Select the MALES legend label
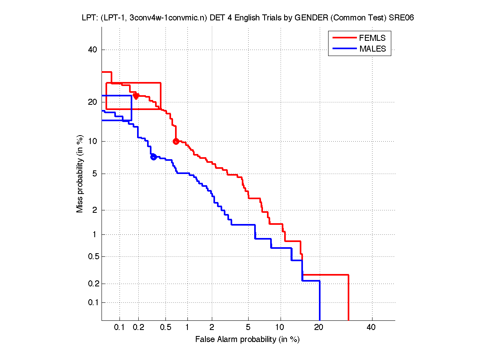372,49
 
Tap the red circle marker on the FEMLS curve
176,141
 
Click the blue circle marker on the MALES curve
153,157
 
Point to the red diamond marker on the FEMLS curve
136,96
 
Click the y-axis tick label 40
93,50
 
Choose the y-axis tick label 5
95,174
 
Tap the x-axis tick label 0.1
120,328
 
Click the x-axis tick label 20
319,328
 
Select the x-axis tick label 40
371,328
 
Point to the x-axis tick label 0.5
165,328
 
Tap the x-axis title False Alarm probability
247,340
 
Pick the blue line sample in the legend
344,49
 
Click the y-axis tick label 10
93,141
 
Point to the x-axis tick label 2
212,328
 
